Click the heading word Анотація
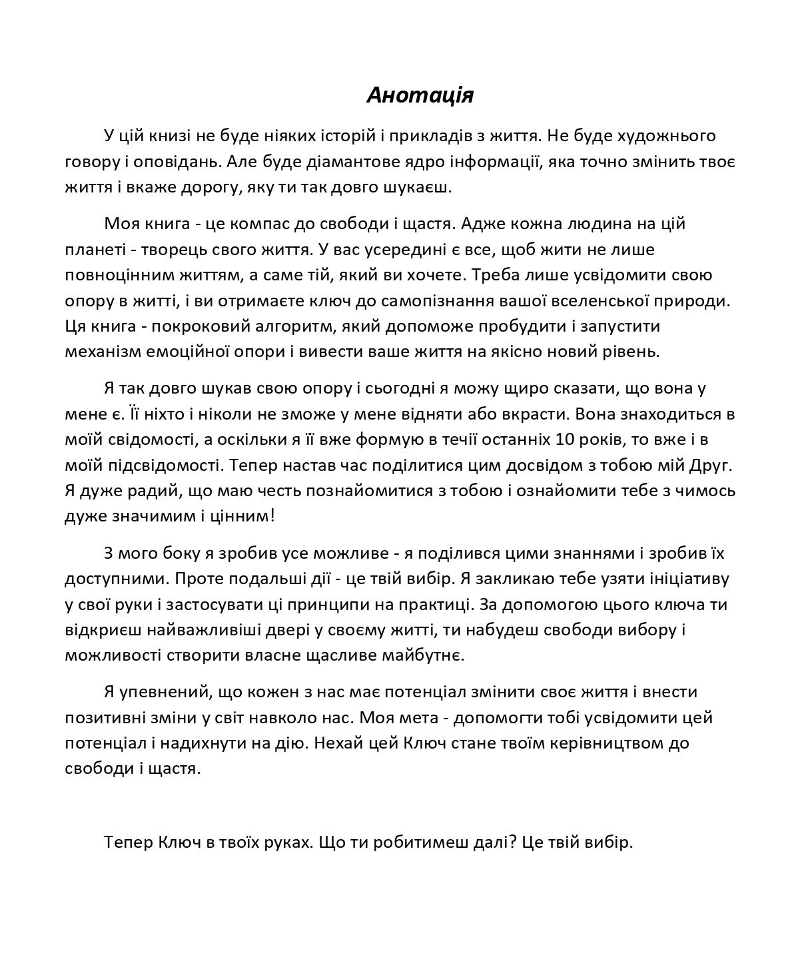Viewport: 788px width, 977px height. coord(420,95)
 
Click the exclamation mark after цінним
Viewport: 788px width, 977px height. coord(271,515)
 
